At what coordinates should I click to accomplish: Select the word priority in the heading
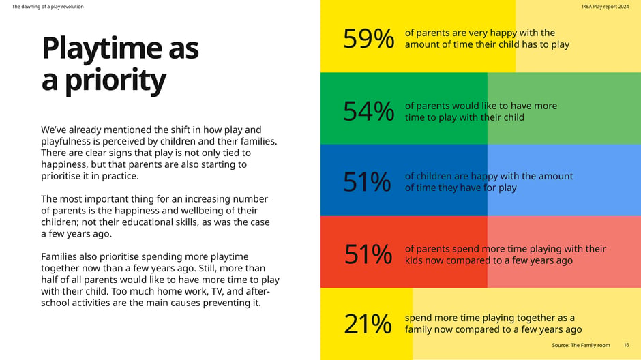click(115, 80)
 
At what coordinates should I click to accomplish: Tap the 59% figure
click(369, 39)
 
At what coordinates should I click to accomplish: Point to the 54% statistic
click(369, 111)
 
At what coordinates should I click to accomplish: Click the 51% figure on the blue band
click(367, 182)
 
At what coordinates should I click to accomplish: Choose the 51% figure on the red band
click(368, 254)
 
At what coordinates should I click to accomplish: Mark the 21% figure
click(368, 325)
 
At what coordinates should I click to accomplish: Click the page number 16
click(626, 345)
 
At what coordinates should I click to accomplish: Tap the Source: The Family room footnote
click(581, 345)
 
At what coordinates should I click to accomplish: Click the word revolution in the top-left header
click(73, 7)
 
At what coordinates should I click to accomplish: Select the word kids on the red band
click(414, 260)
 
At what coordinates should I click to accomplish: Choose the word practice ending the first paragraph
click(122, 176)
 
